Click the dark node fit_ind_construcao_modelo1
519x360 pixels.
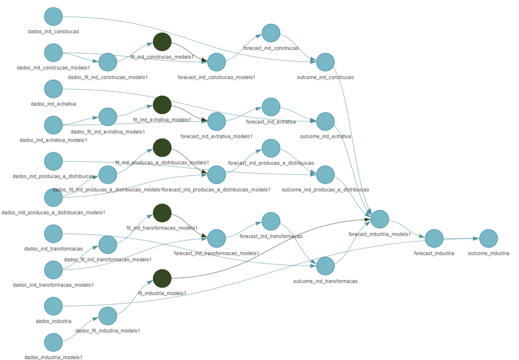coord(162,41)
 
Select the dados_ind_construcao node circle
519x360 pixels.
coord(53,16)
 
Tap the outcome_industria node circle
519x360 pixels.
coord(489,239)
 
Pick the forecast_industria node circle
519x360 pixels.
coord(434,239)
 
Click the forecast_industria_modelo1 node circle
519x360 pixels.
coord(380,219)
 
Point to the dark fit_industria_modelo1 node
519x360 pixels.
coord(162,278)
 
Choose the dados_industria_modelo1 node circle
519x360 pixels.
coord(53,342)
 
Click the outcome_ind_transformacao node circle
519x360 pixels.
coord(325,266)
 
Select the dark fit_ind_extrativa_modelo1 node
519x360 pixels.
coord(162,105)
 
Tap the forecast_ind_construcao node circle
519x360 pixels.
coord(271,33)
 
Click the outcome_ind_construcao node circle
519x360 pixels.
coord(325,62)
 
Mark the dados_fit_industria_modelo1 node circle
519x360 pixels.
coord(108,316)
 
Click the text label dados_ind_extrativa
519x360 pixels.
coord(53,104)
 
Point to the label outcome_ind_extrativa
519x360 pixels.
coord(325,136)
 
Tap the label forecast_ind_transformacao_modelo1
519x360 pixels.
coord(216,253)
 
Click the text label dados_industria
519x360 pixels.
coord(53,321)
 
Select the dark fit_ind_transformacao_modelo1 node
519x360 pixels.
coord(162,213)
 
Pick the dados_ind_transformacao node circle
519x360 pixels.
coord(53,233)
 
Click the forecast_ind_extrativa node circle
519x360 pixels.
coord(271,107)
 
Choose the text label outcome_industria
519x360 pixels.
coord(488,253)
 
